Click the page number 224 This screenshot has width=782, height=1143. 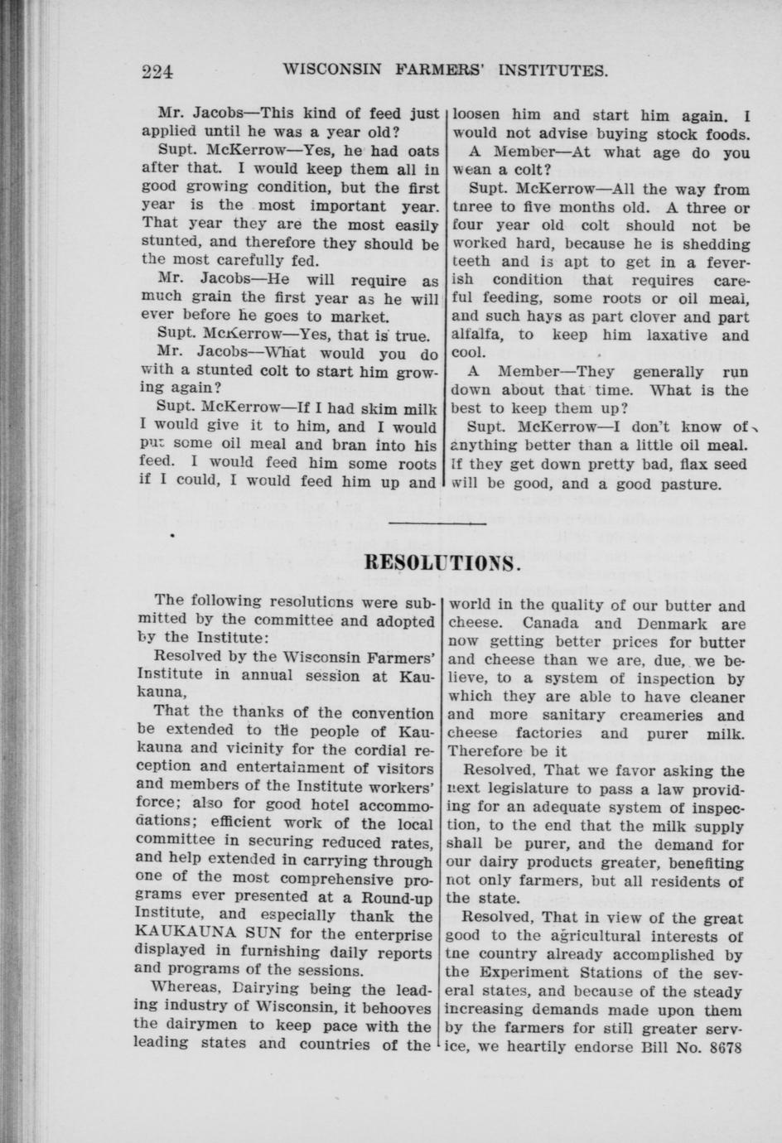[157, 71]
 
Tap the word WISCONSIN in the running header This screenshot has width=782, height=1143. [331, 70]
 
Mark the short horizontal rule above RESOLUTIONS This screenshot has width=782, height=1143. [437, 523]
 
